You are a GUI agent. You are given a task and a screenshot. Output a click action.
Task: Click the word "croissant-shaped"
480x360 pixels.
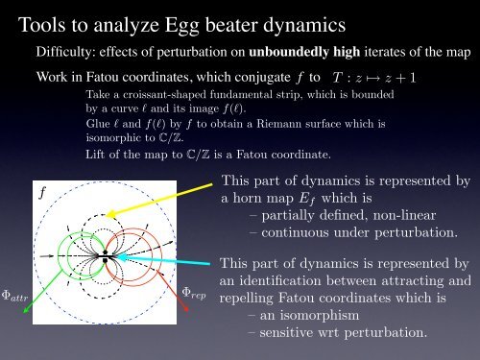tap(145, 97)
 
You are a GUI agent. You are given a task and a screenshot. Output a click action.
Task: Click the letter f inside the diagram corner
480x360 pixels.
tap(42, 191)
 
